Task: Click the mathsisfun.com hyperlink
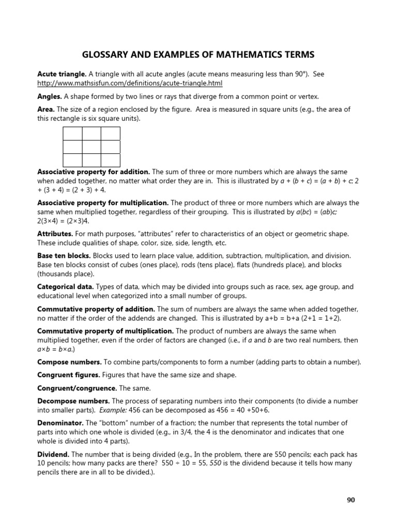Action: pos(130,83)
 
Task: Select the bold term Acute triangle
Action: pos(58,74)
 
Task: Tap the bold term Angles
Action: pos(50,97)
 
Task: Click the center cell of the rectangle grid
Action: pos(91,147)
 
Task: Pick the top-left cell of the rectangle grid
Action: pos(73,133)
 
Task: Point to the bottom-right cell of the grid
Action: pos(111,160)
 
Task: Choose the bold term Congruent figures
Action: pos(68,375)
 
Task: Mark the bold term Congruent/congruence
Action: pos(77,388)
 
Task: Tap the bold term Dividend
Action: pos(54,454)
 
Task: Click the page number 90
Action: pos(351,500)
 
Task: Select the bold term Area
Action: pos(46,110)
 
